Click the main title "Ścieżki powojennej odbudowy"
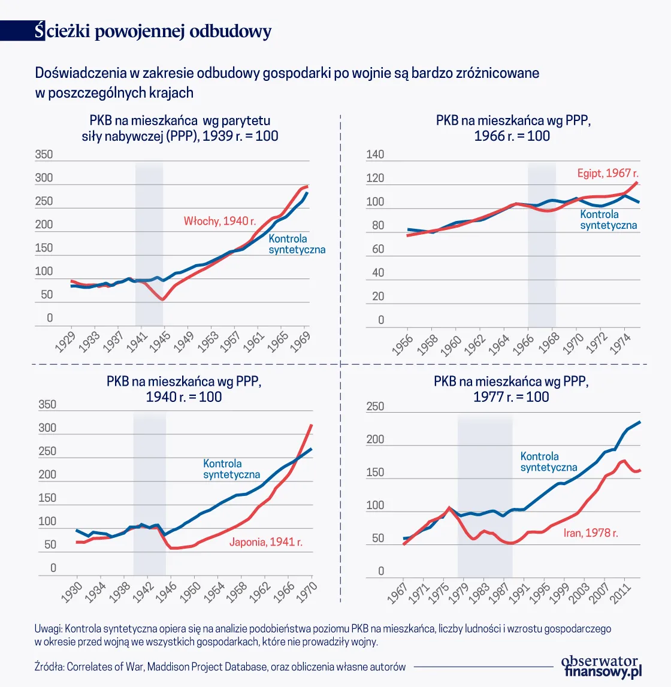(153, 31)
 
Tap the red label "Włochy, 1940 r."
(220, 221)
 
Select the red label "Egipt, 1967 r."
(607, 173)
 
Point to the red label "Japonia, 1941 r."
(266, 542)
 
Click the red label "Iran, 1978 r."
(591, 532)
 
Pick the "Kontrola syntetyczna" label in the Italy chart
(297, 244)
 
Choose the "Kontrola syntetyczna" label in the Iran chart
(548, 462)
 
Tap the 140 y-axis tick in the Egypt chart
(375, 155)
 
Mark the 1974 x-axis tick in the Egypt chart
(620, 343)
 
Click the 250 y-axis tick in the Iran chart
(375, 407)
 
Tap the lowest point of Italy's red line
(162, 299)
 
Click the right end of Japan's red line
(312, 425)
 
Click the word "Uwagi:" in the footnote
(49, 629)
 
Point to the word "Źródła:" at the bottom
(50, 667)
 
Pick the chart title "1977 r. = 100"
(511, 397)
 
